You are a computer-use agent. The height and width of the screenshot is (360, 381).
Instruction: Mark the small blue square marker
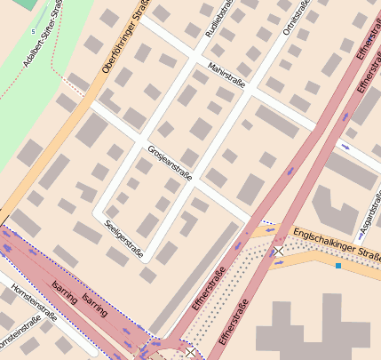(x=338, y=265)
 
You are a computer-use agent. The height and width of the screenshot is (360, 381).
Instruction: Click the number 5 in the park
(x=33, y=32)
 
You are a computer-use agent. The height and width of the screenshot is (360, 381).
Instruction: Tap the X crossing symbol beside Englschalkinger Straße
(x=279, y=252)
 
